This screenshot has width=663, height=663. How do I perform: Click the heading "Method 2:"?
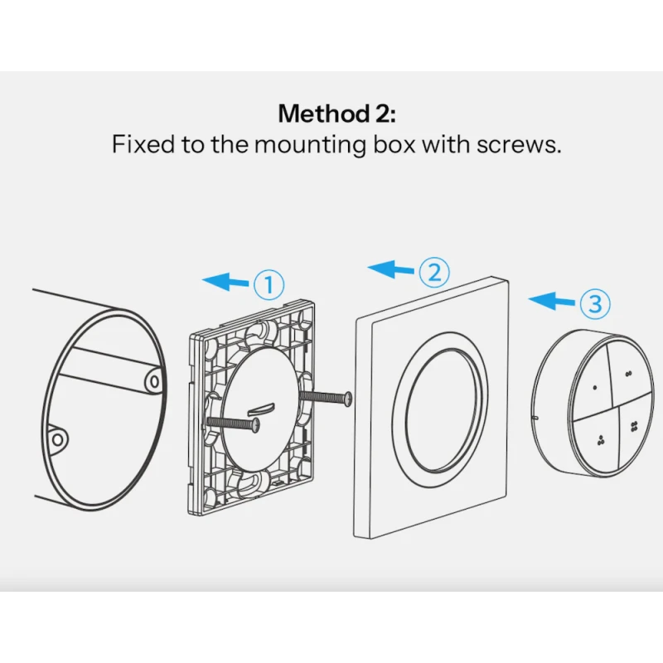point(337,114)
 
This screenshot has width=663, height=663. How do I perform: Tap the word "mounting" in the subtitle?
point(310,146)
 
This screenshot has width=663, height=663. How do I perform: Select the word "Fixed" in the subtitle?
point(143,143)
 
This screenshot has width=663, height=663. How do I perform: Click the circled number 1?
point(269,284)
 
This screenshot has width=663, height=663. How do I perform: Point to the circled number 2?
point(434,272)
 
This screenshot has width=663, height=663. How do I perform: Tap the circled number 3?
point(595,303)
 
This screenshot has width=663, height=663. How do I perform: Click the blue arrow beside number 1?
point(225,281)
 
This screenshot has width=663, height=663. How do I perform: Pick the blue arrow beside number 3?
point(551,300)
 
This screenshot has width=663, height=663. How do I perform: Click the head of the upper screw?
point(348,399)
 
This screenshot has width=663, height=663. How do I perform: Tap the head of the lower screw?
point(256,424)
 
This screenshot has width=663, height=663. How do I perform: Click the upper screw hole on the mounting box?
point(152,382)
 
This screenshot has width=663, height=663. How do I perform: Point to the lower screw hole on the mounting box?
point(58,440)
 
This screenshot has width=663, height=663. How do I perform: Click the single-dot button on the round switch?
point(591,380)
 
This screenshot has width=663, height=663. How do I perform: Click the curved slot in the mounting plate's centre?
point(261,409)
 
